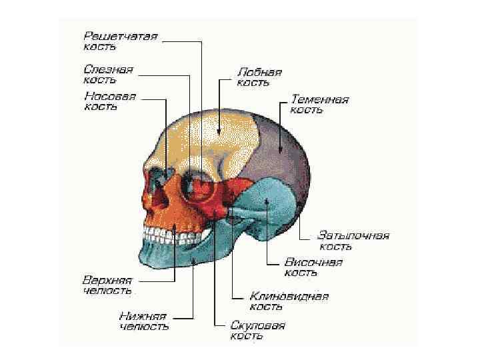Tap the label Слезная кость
pos(108,74)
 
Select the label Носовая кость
pos(110,101)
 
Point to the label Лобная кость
pos(259,77)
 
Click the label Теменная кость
pos(319,105)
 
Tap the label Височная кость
pos(313,267)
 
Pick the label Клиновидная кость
pos(289,301)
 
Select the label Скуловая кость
pos(257,331)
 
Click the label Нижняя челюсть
pos(143,321)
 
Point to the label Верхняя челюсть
pos(107,285)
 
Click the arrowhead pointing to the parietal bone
pos(281,151)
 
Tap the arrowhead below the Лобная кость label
pos(219,133)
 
